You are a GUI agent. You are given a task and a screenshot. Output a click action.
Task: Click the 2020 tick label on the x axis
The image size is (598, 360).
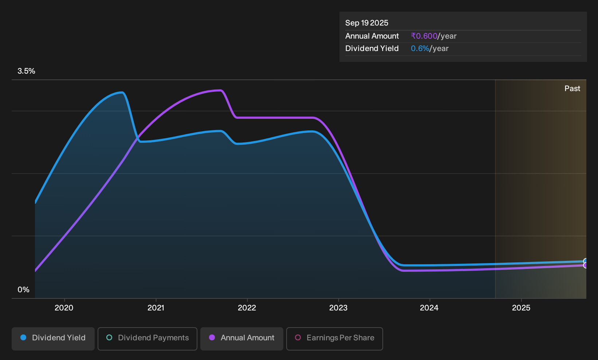pos(64,308)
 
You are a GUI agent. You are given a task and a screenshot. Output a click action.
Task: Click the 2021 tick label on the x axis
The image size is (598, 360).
pos(156,308)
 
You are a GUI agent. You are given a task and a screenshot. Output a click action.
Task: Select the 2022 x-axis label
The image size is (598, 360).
pos(247,308)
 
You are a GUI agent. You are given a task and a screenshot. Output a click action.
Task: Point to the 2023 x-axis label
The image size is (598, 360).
pos(338,308)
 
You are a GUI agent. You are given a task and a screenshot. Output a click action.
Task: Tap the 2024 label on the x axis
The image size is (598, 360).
pos(429,308)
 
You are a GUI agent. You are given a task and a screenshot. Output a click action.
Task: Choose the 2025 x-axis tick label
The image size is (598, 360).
pos(521,308)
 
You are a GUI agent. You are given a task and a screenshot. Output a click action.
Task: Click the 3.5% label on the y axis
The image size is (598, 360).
pos(26,71)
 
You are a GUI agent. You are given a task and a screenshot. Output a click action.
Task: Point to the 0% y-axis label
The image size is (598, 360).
pos(23,290)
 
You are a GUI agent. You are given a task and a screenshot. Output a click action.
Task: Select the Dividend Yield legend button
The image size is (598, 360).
pos(53,339)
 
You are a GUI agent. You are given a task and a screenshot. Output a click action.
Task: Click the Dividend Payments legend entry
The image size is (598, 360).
pos(147,339)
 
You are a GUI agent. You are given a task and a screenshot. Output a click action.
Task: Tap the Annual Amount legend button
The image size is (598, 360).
pos(241,339)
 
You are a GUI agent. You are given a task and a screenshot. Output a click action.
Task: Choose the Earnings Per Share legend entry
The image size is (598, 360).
pos(334,339)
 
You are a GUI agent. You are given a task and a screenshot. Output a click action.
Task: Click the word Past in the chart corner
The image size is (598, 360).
pos(572,89)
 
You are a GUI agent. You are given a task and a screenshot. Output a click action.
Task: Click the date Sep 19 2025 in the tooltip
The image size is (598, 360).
pos(366,23)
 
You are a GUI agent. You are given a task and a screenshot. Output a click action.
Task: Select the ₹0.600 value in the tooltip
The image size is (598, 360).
pos(424,36)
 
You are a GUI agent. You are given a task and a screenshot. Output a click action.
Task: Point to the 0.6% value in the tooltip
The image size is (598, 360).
pos(420,48)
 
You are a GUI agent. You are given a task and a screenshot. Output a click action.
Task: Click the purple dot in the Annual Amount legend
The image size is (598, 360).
pos(212,337)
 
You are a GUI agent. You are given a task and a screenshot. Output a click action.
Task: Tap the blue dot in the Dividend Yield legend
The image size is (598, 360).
pos(23,337)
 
